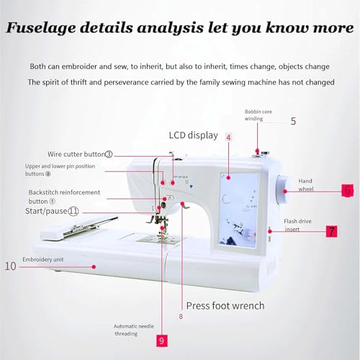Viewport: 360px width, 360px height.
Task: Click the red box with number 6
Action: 347,191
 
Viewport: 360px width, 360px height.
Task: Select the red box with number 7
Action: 330,232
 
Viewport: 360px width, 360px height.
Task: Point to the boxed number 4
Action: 228,137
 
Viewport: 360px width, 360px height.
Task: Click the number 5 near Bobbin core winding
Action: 293,120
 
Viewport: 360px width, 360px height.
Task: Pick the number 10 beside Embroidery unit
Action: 10,266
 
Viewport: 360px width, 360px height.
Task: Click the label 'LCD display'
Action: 194,135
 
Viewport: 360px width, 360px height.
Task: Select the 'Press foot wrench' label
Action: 225,305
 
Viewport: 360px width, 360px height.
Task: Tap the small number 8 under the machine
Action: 180,315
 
